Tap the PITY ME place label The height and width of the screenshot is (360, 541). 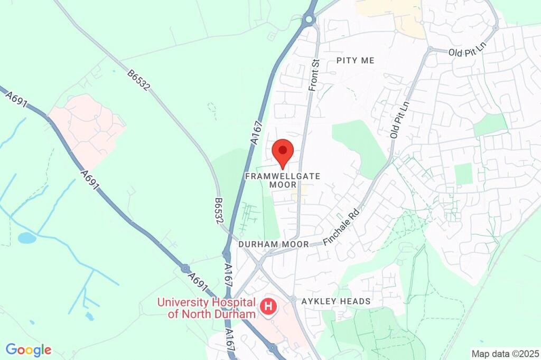click(x=356, y=61)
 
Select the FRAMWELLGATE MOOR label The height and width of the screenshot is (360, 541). click(x=283, y=180)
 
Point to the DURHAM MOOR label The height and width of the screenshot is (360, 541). click(x=273, y=245)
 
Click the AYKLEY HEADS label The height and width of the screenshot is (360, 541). click(x=335, y=301)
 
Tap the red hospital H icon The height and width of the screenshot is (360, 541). click(x=268, y=306)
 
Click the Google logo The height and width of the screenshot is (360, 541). click(x=29, y=349)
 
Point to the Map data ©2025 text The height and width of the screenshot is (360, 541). click(x=506, y=353)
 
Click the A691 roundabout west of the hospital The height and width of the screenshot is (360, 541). click(x=185, y=268)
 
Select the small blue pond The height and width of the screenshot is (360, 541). click(x=27, y=238)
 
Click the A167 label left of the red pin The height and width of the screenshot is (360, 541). click(x=256, y=131)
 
